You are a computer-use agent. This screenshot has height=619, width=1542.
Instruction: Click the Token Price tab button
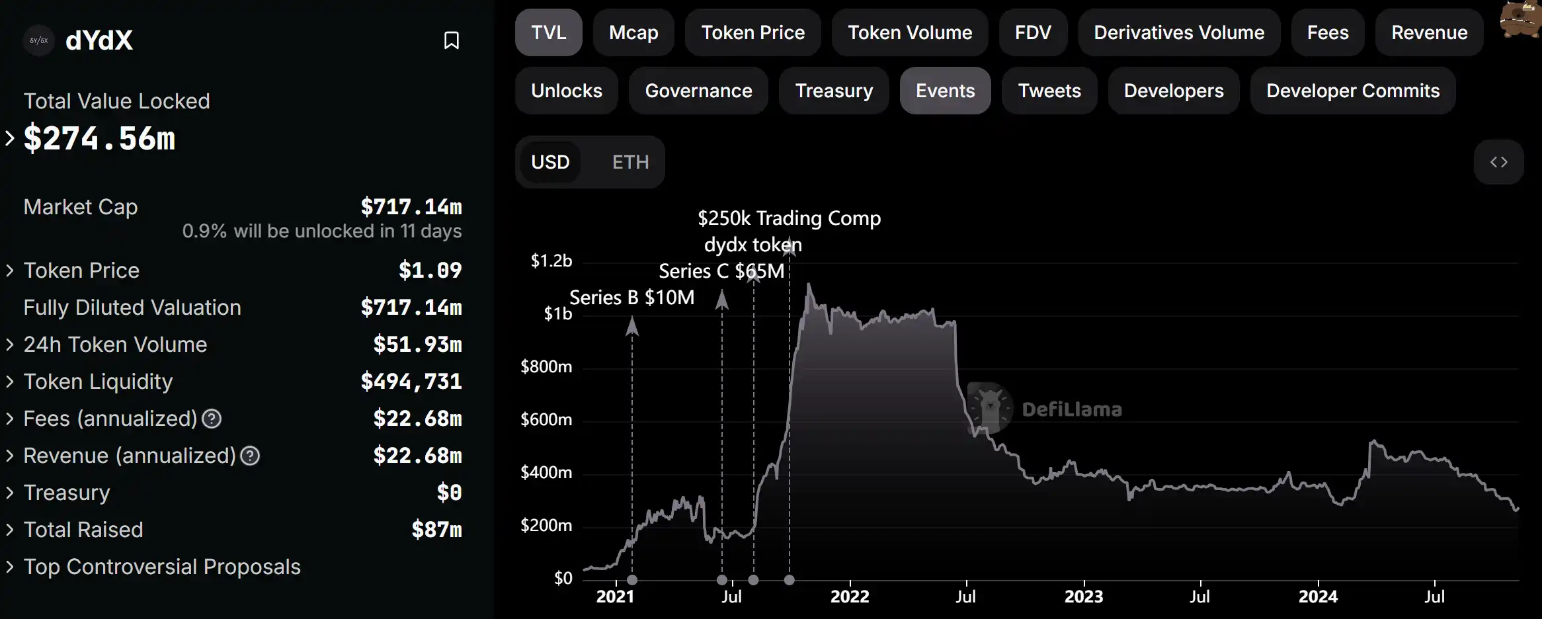tap(752, 32)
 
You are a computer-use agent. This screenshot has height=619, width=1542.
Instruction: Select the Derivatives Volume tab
tap(1178, 32)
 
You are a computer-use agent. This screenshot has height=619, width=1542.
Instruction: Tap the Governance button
tap(698, 91)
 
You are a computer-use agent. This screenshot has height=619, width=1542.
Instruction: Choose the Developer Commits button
tap(1352, 91)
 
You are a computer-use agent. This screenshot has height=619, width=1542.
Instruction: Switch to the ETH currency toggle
tap(630, 162)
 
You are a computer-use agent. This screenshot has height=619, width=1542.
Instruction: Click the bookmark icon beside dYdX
tap(452, 40)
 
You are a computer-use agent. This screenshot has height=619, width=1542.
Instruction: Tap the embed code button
tap(1498, 162)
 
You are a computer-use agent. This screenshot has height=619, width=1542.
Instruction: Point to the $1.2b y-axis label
tap(551, 261)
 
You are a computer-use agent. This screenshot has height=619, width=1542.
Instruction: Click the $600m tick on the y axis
tap(546, 419)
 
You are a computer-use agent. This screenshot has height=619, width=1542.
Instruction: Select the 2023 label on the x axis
tap(1083, 597)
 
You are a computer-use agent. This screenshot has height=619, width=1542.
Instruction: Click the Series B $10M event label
tap(631, 298)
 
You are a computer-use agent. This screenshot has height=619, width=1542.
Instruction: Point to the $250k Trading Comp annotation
tap(789, 218)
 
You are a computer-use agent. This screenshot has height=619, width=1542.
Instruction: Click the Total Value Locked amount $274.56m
tap(100, 139)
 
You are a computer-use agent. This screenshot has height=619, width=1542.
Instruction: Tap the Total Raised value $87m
tap(436, 530)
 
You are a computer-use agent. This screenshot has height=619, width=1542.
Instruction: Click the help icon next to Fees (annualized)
tap(212, 419)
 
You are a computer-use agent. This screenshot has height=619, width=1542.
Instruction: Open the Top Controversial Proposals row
tap(162, 567)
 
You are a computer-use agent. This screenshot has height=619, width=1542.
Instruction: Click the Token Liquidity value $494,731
tap(411, 382)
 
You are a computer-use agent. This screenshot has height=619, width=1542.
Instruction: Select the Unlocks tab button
tap(566, 91)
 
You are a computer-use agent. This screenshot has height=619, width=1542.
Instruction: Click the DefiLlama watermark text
tap(1071, 409)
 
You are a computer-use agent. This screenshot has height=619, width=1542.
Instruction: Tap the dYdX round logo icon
tap(39, 40)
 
